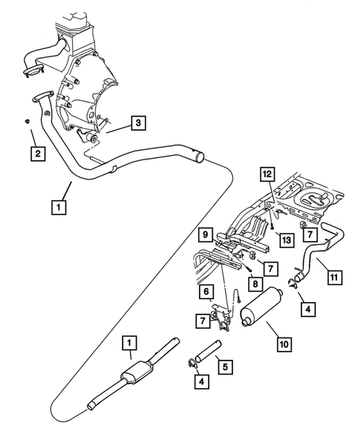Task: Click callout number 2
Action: [35, 154]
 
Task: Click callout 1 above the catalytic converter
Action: [130, 343]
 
